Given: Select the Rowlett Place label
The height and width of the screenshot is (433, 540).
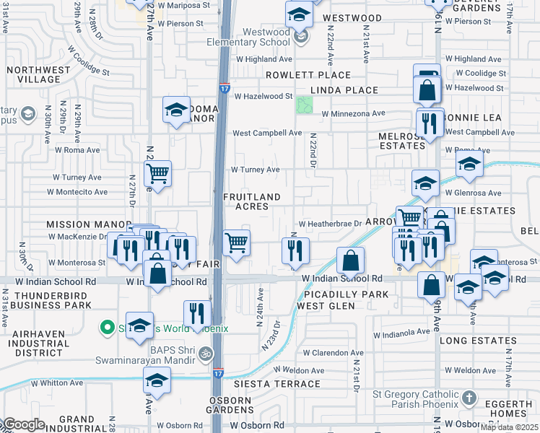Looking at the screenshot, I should pyautogui.click(x=308, y=75).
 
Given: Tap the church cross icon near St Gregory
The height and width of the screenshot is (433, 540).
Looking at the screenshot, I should pyautogui.click(x=469, y=398).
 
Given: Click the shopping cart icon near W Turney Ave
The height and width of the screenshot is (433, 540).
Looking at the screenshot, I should pyautogui.click(x=157, y=173).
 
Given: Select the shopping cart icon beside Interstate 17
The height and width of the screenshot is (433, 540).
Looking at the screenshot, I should pyautogui.click(x=236, y=242).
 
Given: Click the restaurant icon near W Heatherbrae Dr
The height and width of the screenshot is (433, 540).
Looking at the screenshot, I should pyautogui.click(x=295, y=250).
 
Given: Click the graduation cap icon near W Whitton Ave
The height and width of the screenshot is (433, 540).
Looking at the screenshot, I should pyautogui.click(x=156, y=380).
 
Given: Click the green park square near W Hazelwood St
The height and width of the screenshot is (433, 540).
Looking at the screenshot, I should pyautogui.click(x=305, y=105).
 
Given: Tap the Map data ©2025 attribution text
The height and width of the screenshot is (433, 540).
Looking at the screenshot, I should pyautogui.click(x=510, y=427).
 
